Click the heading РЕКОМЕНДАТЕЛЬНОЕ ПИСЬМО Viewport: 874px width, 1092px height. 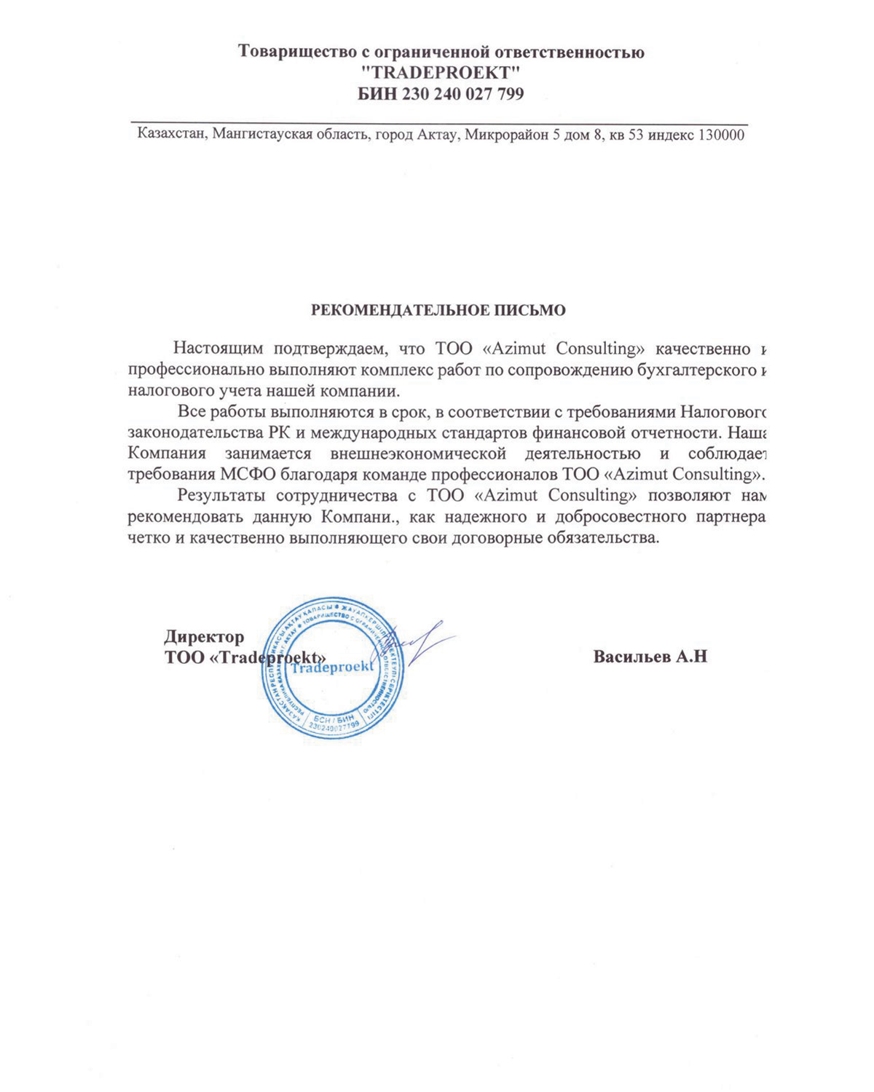click(x=438, y=310)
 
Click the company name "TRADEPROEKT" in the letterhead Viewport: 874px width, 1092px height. click(x=441, y=73)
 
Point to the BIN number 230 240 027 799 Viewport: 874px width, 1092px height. click(x=467, y=94)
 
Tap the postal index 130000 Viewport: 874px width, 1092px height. click(x=720, y=135)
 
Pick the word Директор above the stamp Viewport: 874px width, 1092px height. click(x=204, y=637)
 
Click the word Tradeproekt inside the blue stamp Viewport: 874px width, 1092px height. click(x=331, y=667)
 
